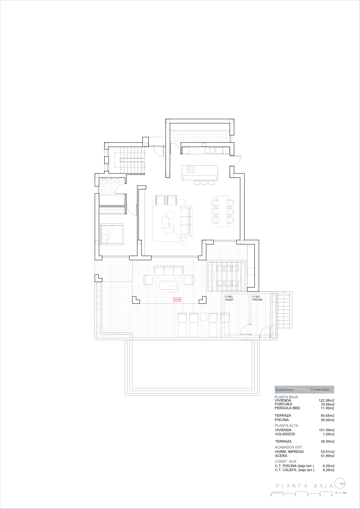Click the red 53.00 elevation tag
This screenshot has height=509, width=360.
(177, 300)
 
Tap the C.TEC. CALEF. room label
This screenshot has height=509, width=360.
(230, 298)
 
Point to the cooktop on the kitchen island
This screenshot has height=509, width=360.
(190, 170)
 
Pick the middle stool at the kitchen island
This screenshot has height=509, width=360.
(204, 182)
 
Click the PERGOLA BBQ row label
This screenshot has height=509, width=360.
(287, 408)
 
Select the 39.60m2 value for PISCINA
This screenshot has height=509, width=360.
(327, 420)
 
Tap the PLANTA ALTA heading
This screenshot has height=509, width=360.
(286, 426)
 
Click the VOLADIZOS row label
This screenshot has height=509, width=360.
(285, 434)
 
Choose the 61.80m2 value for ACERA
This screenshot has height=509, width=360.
(327, 456)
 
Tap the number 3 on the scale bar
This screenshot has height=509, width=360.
(307, 495)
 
